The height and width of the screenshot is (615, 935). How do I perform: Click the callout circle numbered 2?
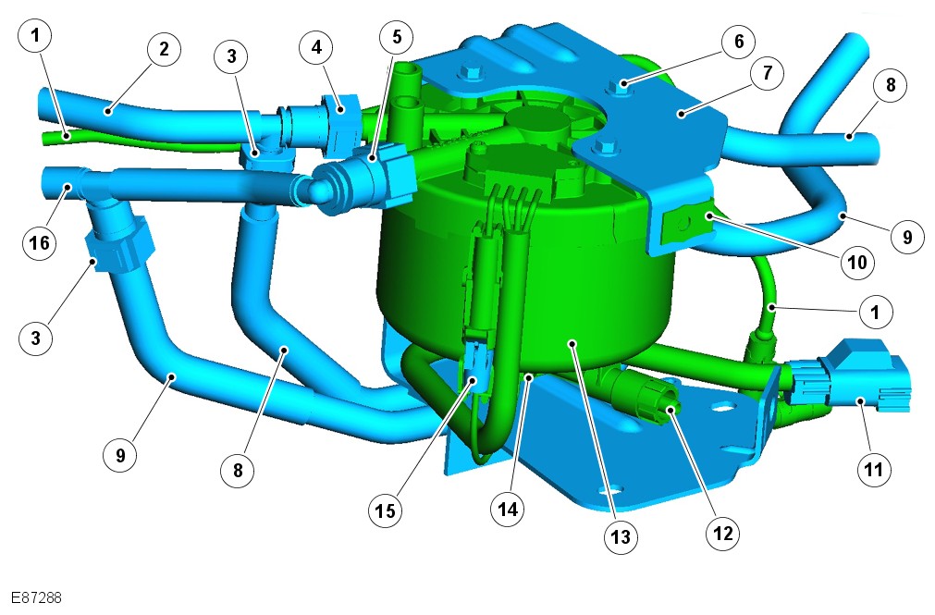pos(164,49)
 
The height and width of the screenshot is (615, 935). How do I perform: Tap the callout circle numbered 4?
pos(316,46)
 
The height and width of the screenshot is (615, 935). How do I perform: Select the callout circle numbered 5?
pos(397,37)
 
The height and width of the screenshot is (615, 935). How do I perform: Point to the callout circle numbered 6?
pos(738,42)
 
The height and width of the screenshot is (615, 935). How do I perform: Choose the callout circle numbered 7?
pos(767,73)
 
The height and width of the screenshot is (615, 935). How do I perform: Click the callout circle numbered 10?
pos(857,262)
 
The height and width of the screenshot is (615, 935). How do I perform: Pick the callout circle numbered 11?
pos(874,468)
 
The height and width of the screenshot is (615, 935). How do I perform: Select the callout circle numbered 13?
pos(621,536)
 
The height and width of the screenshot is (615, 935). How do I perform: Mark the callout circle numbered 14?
pos(508,509)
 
